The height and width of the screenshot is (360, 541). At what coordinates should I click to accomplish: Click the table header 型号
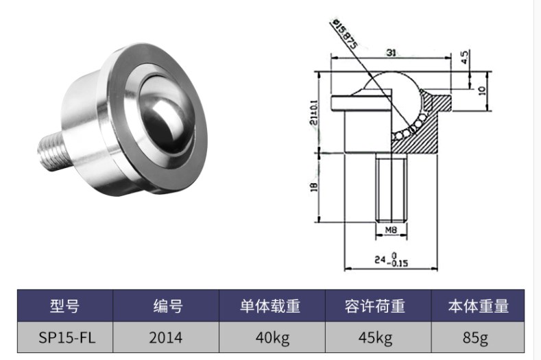pos(65,306)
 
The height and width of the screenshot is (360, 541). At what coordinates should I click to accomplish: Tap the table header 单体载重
pos(270,306)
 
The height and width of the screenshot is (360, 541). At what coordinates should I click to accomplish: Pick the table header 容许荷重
pos(375,306)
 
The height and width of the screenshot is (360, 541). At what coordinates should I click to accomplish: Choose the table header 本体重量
pos(478,306)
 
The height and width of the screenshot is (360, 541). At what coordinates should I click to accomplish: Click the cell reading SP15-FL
pos(65,337)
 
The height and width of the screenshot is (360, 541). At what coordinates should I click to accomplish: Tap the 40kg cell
pos(270,337)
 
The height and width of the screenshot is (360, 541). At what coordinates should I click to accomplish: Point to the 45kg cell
pos(375,337)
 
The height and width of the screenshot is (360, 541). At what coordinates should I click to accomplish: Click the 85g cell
pos(478,337)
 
